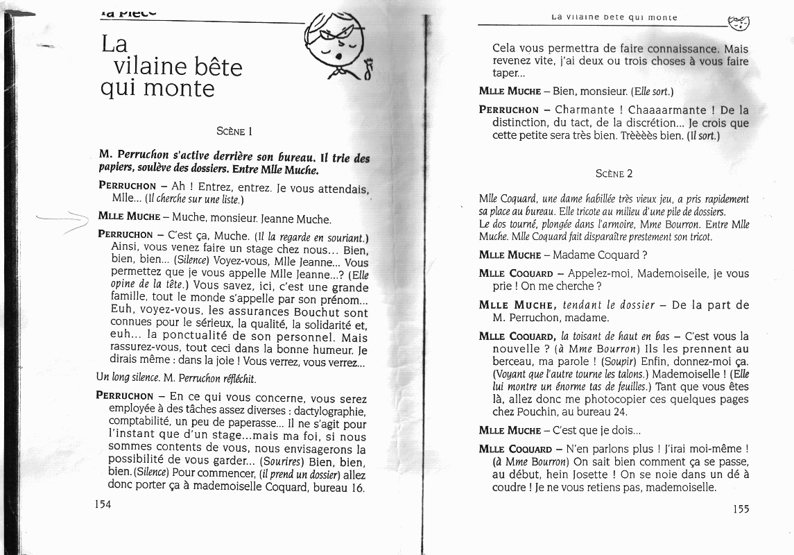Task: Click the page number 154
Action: coord(103,504)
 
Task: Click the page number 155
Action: coord(741,509)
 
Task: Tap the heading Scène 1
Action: coord(234,130)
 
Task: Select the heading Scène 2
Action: coord(614,173)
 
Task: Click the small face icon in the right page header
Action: coord(739,24)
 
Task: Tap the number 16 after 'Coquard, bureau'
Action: coord(357,487)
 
